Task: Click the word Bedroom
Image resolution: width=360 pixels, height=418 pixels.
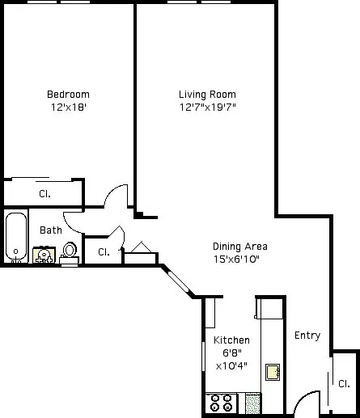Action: click(68, 94)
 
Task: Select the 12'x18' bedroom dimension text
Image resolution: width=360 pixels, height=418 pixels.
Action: click(68, 107)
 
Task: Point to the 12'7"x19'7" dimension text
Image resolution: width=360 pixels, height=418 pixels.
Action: click(207, 107)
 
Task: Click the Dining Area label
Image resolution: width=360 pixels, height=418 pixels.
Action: click(239, 247)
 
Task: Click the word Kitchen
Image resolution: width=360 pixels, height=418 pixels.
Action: click(231, 340)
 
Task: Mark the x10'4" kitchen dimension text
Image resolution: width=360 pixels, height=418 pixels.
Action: click(231, 366)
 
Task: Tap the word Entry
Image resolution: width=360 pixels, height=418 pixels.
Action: click(307, 336)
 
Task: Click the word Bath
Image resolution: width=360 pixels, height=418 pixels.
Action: click(51, 230)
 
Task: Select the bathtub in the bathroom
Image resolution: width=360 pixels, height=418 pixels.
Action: click(15, 238)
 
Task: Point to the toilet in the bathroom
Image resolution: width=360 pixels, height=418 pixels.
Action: click(70, 251)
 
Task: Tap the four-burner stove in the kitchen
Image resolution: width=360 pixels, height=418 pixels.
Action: click(221, 402)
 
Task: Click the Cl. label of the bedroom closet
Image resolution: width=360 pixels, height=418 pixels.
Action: click(45, 193)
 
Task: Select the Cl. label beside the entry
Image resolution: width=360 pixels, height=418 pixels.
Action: click(344, 383)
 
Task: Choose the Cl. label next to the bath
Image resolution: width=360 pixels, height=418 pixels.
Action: click(104, 252)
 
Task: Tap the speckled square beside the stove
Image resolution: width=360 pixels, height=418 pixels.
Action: click(252, 402)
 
